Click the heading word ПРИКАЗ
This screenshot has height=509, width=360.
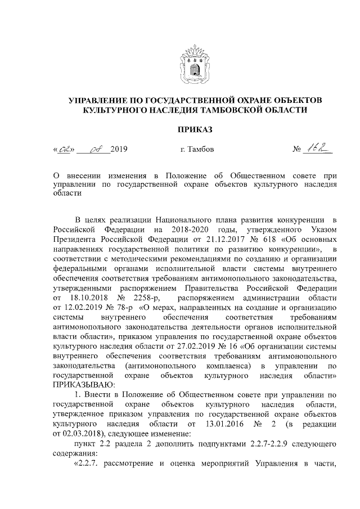(x=195, y=130)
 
